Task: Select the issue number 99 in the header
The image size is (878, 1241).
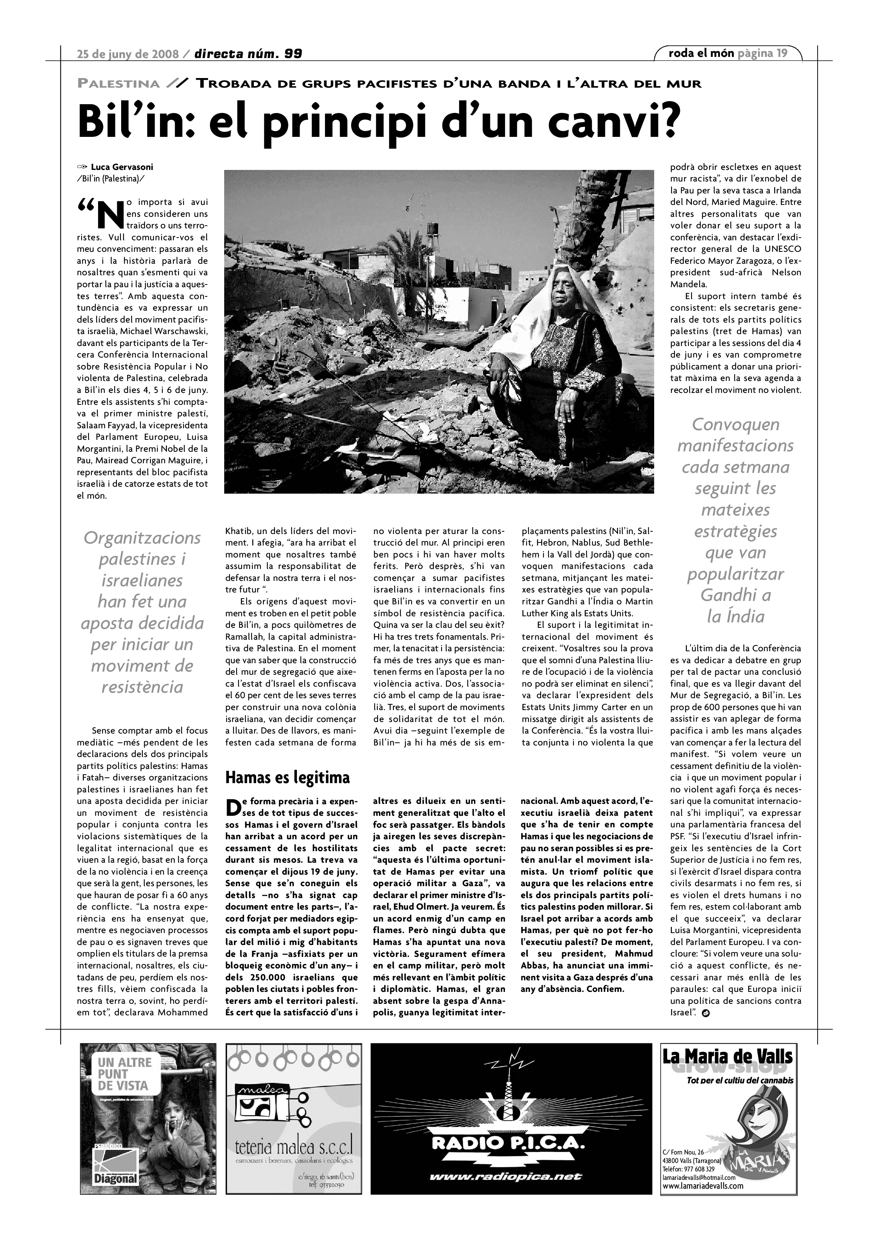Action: click(x=293, y=53)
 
